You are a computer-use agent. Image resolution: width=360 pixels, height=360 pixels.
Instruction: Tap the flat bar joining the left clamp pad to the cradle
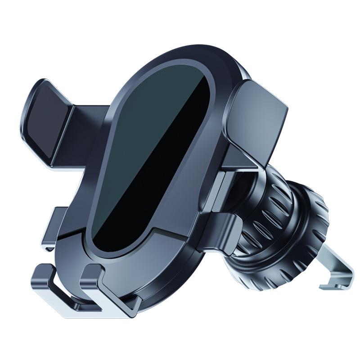(85, 130)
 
